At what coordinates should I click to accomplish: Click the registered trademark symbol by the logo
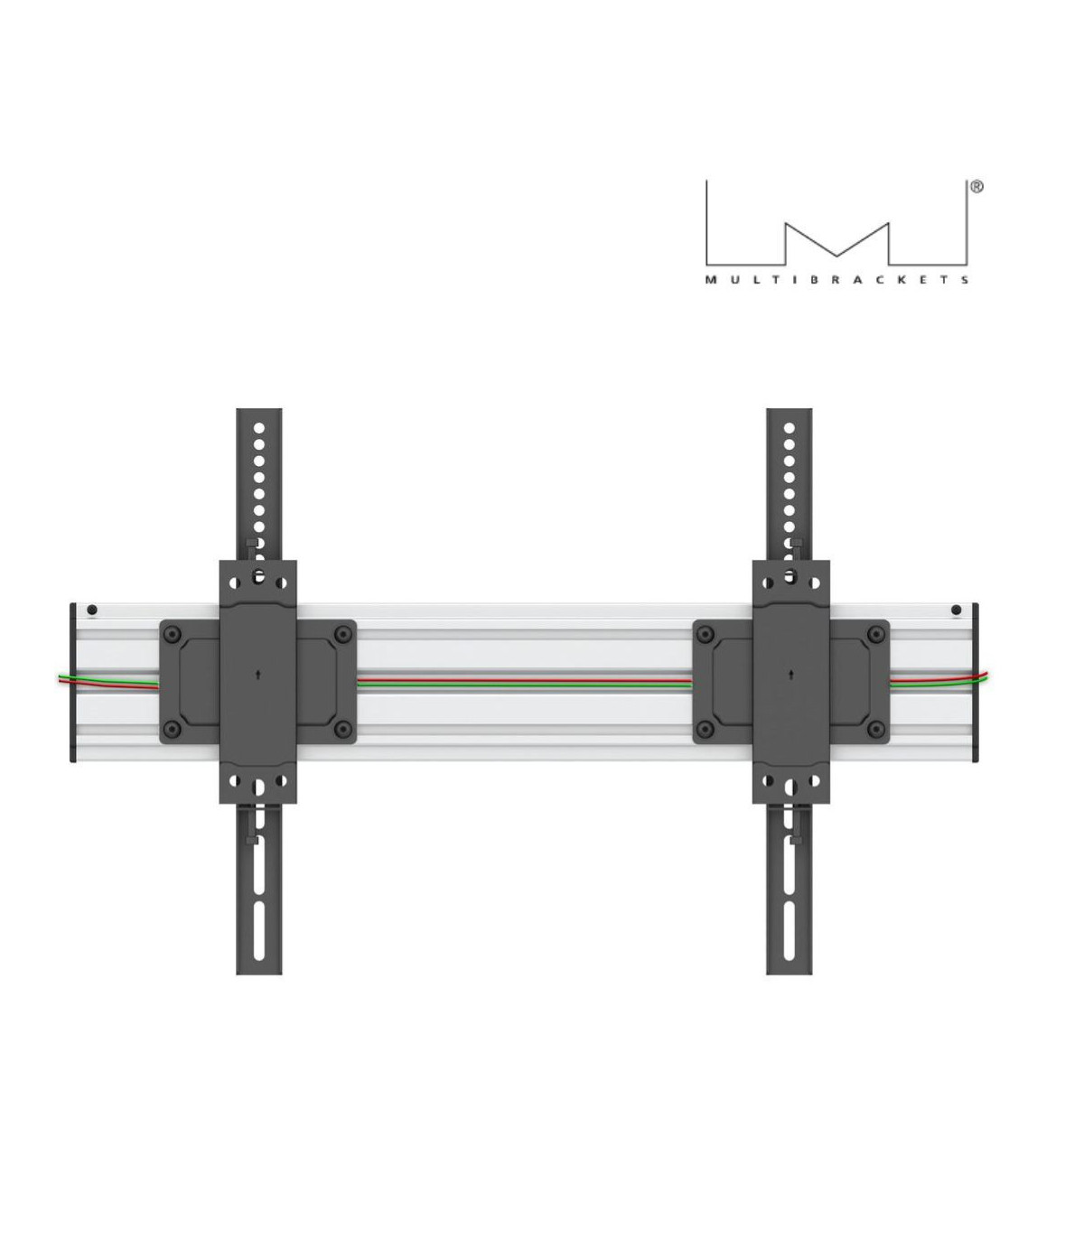click(x=977, y=188)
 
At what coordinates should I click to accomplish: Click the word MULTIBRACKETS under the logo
click(x=837, y=281)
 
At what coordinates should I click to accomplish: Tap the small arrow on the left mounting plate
click(x=258, y=673)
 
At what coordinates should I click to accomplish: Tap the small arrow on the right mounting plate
click(x=791, y=673)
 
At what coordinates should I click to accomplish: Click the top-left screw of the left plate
click(x=175, y=635)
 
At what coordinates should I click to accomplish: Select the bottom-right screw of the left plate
click(x=341, y=728)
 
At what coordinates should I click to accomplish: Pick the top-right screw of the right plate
click(x=874, y=635)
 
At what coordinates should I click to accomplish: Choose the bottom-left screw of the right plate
click(x=708, y=728)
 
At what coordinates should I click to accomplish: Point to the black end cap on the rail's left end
click(x=72, y=683)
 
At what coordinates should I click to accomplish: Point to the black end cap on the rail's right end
click(x=977, y=683)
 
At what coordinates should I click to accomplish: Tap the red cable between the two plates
click(x=524, y=681)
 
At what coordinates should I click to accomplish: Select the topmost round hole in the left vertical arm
click(x=258, y=425)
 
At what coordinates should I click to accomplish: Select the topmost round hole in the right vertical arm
click(x=790, y=425)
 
